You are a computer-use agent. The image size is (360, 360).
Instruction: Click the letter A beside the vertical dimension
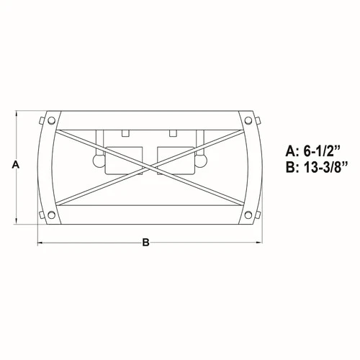point(15,165)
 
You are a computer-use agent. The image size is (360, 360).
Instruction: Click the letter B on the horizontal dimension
point(145,243)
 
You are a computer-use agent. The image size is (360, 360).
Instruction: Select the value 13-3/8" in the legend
point(325,168)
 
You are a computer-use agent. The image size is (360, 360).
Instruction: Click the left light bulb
point(96,161)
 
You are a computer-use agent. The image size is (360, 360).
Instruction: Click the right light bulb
point(202,161)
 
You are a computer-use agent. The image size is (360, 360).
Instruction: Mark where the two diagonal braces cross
point(148,165)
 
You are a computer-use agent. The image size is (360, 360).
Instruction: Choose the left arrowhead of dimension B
point(40,243)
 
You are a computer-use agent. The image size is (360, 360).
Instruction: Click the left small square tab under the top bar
point(125,133)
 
